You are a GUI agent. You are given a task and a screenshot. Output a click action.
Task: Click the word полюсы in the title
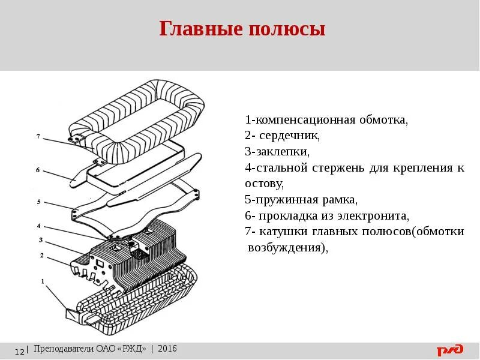click(287, 29)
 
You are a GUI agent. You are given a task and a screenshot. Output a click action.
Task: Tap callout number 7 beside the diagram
click(38, 137)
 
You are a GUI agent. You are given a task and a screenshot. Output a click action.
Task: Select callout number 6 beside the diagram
click(38, 170)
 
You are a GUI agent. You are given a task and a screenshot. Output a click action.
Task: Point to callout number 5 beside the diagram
click(38, 202)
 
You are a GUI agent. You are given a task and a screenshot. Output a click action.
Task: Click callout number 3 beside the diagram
click(41, 240)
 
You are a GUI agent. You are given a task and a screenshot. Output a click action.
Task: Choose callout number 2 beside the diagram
click(42, 256)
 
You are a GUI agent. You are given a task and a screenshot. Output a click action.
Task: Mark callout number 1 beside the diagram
click(43, 280)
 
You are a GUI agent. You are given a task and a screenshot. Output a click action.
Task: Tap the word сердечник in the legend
click(290, 136)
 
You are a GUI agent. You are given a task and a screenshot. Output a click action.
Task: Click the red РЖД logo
click(449, 350)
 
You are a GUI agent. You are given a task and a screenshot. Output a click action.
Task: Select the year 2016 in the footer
click(167, 349)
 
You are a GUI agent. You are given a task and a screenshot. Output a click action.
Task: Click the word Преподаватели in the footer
click(64, 349)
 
